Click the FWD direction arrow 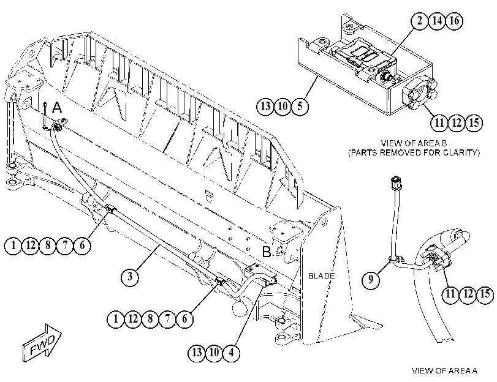[42, 342]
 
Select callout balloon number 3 [130, 277]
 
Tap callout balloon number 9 [371, 279]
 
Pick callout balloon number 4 [231, 352]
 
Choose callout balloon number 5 [300, 106]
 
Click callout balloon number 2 [420, 21]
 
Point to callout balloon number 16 [454, 21]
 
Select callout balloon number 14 [437, 21]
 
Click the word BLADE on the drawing [321, 276]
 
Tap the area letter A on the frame [57, 108]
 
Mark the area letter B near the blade [267, 252]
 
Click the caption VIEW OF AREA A [444, 370]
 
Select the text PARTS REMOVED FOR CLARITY [414, 152]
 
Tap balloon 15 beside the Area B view [474, 122]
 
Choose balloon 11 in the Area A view [450, 294]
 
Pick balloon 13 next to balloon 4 [197, 352]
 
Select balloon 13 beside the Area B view [265, 106]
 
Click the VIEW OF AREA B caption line [414, 143]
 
